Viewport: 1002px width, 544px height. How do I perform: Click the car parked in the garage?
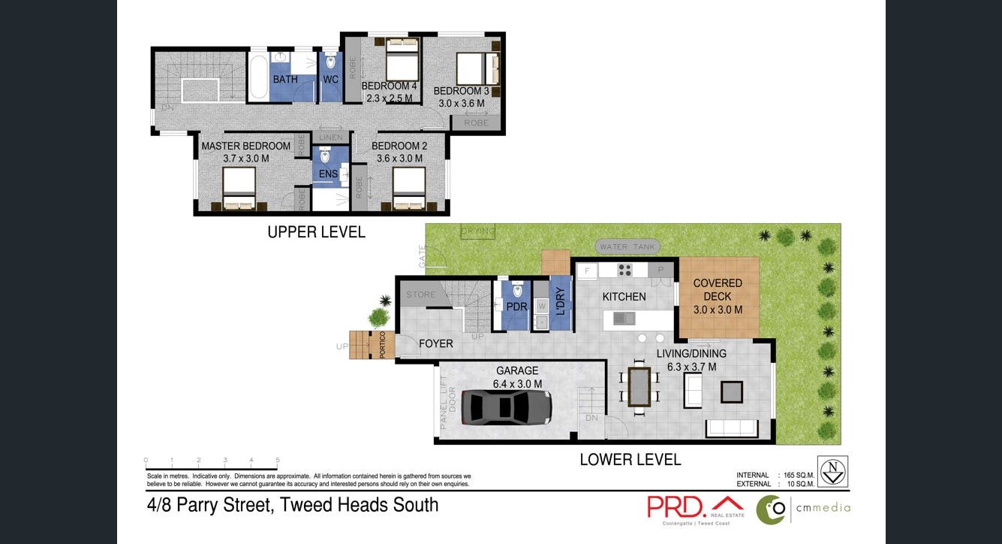click(x=507, y=407)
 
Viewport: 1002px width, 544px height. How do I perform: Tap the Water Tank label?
click(x=628, y=246)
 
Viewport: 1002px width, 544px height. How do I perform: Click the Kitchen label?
click(x=624, y=297)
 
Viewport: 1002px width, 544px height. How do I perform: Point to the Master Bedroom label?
click(x=245, y=146)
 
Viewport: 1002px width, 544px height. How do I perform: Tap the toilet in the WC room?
click(x=331, y=62)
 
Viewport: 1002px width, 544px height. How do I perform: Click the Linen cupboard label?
click(x=331, y=138)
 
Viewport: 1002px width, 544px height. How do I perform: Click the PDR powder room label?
click(x=516, y=307)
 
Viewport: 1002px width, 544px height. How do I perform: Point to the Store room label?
click(x=420, y=295)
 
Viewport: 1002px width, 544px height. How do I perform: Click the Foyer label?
click(x=436, y=343)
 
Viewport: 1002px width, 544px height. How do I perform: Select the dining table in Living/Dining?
click(x=639, y=386)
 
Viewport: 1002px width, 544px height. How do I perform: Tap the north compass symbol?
click(x=832, y=471)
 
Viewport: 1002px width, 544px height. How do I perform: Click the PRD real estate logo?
click(x=695, y=507)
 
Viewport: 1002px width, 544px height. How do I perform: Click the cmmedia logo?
click(x=803, y=509)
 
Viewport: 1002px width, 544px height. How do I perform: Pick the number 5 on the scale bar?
click(x=278, y=461)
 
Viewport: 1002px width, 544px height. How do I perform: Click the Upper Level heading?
click(x=316, y=232)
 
